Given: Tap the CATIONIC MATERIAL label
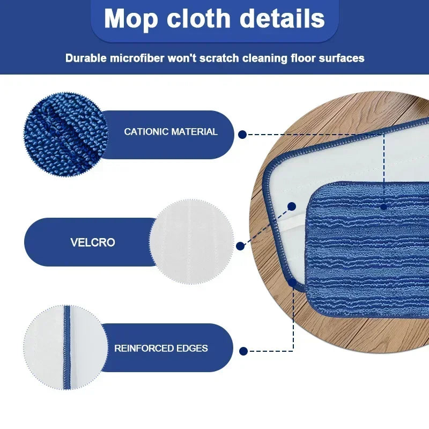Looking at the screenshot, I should pyautogui.click(x=171, y=131).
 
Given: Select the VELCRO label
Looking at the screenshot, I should pyautogui.click(x=92, y=242).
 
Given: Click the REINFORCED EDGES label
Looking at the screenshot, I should pyautogui.click(x=161, y=348).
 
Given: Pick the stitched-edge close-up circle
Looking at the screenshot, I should pyautogui.click(x=66, y=347).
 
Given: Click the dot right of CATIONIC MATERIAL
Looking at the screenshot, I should pyautogui.click(x=242, y=135).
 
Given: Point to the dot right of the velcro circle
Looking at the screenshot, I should pyautogui.click(x=241, y=246).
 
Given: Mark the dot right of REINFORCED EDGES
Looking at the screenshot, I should pyautogui.click(x=243, y=351).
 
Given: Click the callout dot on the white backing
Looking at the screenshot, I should pyautogui.click(x=292, y=206).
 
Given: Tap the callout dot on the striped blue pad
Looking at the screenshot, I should pyautogui.click(x=384, y=206).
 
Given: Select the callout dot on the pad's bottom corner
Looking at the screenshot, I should pyautogui.click(x=293, y=282).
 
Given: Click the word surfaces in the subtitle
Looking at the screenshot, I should pyautogui.click(x=337, y=58).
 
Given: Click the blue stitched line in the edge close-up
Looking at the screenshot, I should pyautogui.click(x=67, y=347).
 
